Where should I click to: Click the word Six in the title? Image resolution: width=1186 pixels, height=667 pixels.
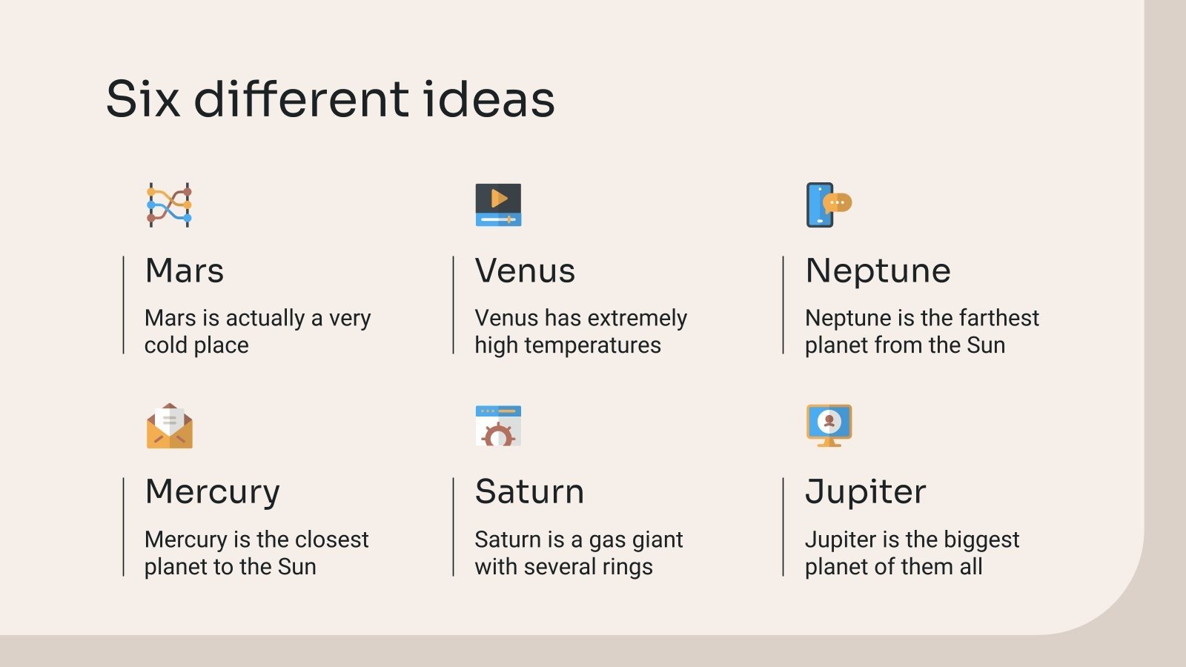[x=143, y=99]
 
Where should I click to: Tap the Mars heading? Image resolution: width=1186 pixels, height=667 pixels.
[x=185, y=271]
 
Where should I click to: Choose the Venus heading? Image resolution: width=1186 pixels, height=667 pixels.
[x=525, y=271]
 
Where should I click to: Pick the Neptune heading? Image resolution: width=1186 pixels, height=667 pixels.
[x=878, y=271]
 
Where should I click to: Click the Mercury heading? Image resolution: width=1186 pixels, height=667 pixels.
[x=213, y=492]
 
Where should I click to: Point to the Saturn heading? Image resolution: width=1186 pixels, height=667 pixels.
[x=529, y=492]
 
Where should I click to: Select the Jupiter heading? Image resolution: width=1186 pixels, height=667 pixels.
[x=865, y=492]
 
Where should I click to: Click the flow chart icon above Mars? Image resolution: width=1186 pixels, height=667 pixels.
[x=169, y=205]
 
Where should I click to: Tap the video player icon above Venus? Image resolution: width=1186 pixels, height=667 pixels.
[x=498, y=205]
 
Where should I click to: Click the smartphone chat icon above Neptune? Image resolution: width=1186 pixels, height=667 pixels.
[x=828, y=205]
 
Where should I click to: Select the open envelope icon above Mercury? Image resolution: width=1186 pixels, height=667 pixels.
[x=169, y=426]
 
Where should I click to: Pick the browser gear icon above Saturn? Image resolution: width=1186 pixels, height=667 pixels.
[x=498, y=426]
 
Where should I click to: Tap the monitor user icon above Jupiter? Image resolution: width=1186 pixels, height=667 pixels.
[x=829, y=425]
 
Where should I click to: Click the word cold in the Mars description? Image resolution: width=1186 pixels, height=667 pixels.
[x=165, y=345]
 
